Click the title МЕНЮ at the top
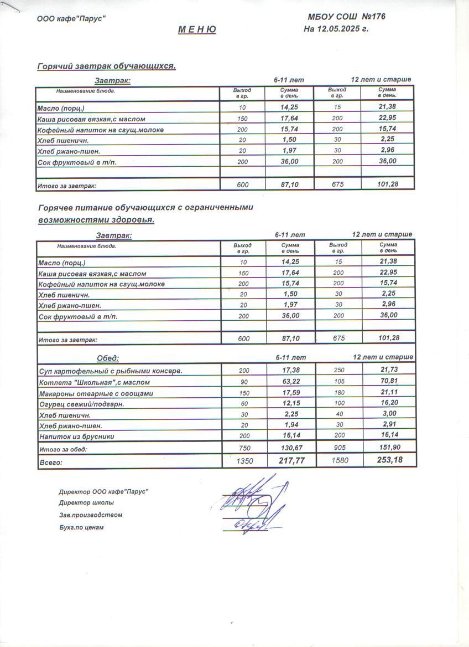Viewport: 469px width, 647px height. tap(197, 30)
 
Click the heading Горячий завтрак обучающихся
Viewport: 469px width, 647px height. tap(106, 66)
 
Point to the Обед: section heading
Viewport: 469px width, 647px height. tap(108, 358)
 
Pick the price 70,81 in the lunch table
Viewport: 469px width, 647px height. tap(389, 381)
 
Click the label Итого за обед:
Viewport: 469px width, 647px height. tap(64, 449)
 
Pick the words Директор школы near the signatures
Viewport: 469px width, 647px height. tap(86, 503)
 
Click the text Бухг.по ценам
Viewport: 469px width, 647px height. tap(81, 527)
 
